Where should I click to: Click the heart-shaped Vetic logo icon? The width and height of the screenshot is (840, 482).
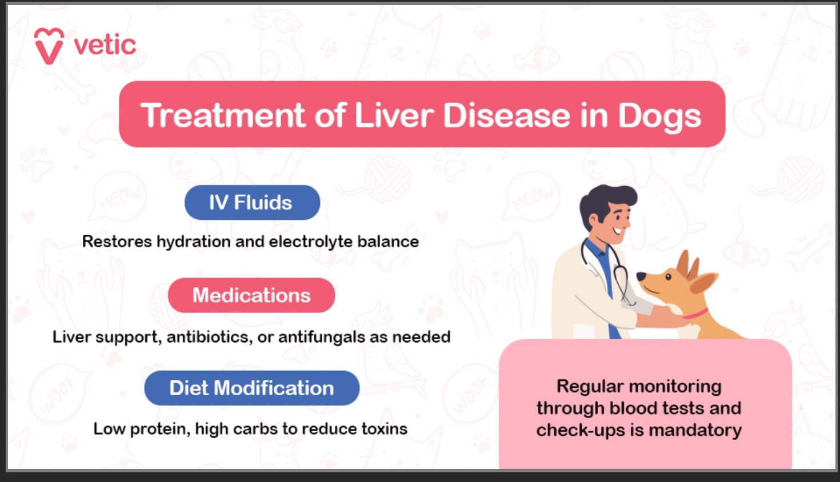click(x=49, y=46)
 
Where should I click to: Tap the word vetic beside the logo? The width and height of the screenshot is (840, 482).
click(x=105, y=45)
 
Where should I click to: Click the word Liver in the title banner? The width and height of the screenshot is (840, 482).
click(x=394, y=115)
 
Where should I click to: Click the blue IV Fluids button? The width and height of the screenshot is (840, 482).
click(x=252, y=203)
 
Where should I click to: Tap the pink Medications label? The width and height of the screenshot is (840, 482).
click(x=251, y=295)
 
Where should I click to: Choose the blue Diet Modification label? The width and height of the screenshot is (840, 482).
click(x=251, y=388)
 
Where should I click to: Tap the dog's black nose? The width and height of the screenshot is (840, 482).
click(x=641, y=276)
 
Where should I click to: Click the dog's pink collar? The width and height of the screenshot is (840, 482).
click(x=695, y=314)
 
